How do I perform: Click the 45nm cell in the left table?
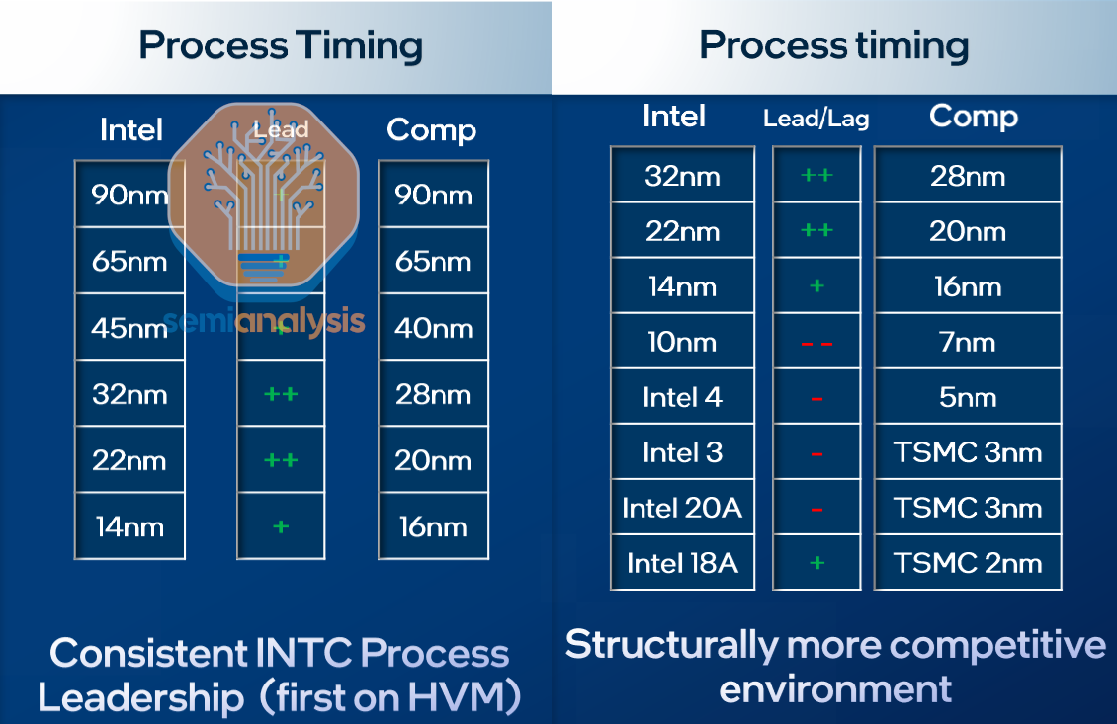click(129, 328)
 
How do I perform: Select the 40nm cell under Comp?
click(433, 328)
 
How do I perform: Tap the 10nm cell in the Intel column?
click(682, 343)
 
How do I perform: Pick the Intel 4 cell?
click(682, 398)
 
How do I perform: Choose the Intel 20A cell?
click(682, 509)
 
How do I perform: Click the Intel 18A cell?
click(682, 564)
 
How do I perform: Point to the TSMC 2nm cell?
click(968, 564)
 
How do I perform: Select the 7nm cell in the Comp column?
click(968, 343)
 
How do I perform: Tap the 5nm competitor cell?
click(968, 398)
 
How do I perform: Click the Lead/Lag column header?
click(816, 120)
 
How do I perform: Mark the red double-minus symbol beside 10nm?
click(816, 344)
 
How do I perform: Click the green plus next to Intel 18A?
click(816, 563)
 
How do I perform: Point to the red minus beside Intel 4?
click(816, 399)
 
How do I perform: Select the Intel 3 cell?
click(682, 453)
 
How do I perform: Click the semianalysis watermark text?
click(264, 321)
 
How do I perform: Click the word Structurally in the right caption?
click(671, 646)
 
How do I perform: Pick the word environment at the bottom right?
click(835, 688)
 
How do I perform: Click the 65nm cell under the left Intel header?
click(129, 262)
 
